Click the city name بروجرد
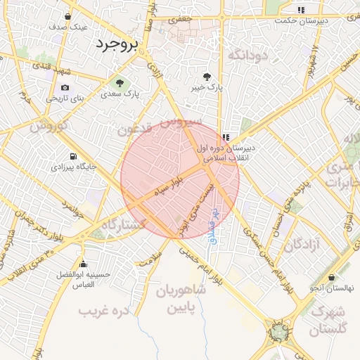point(119,44)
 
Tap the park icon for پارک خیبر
point(207,77)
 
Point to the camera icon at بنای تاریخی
point(65,87)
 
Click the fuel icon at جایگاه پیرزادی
point(74,156)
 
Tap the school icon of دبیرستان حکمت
point(301,10)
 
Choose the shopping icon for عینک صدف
point(67,15)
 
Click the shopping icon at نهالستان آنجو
point(331,278)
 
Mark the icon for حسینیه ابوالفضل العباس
point(84,264)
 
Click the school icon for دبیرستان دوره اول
point(226,138)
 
